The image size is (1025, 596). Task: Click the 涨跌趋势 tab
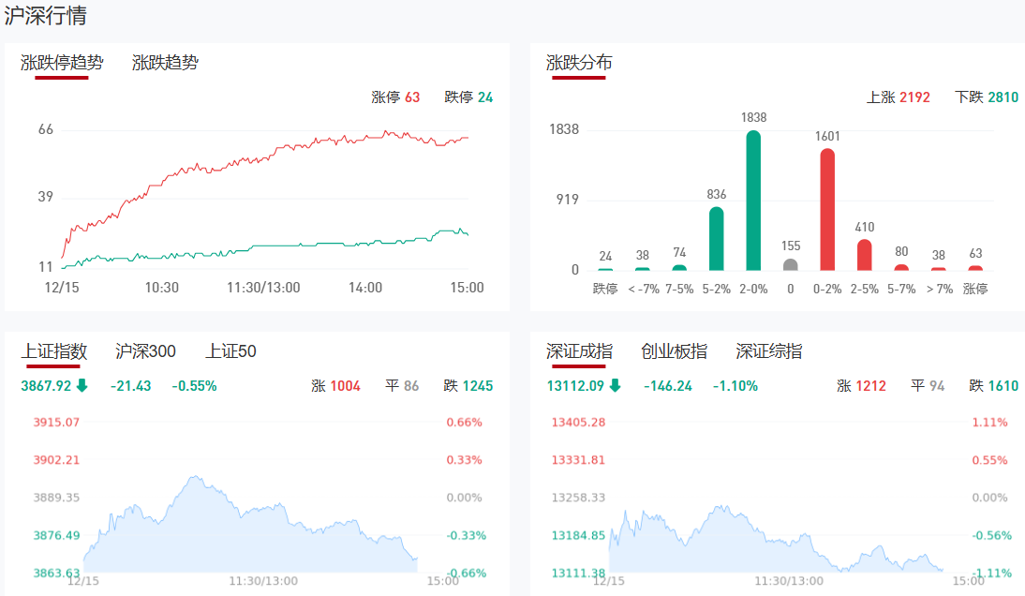click(x=165, y=63)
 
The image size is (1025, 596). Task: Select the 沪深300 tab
click(x=145, y=351)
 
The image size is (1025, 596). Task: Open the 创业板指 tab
click(x=674, y=351)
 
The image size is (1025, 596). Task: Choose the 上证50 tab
click(x=230, y=351)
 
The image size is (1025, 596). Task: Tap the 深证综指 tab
click(x=768, y=351)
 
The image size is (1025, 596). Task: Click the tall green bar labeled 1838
click(x=753, y=201)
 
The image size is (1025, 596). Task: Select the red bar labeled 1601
click(x=827, y=210)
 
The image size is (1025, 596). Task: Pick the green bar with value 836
click(x=717, y=239)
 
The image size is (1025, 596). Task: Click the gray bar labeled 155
click(x=791, y=264)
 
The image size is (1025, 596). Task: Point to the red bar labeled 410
click(x=864, y=255)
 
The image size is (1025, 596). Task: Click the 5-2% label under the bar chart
click(x=717, y=289)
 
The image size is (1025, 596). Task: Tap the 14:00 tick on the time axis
click(x=364, y=287)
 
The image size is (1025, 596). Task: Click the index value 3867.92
click(x=46, y=386)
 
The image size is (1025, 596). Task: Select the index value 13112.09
click(x=574, y=386)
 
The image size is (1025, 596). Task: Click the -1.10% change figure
click(x=735, y=386)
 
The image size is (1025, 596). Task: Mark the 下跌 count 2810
click(x=1003, y=97)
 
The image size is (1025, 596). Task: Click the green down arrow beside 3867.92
click(x=82, y=385)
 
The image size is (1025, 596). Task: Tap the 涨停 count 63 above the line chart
click(x=412, y=97)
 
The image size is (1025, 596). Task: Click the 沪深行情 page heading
click(x=46, y=15)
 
